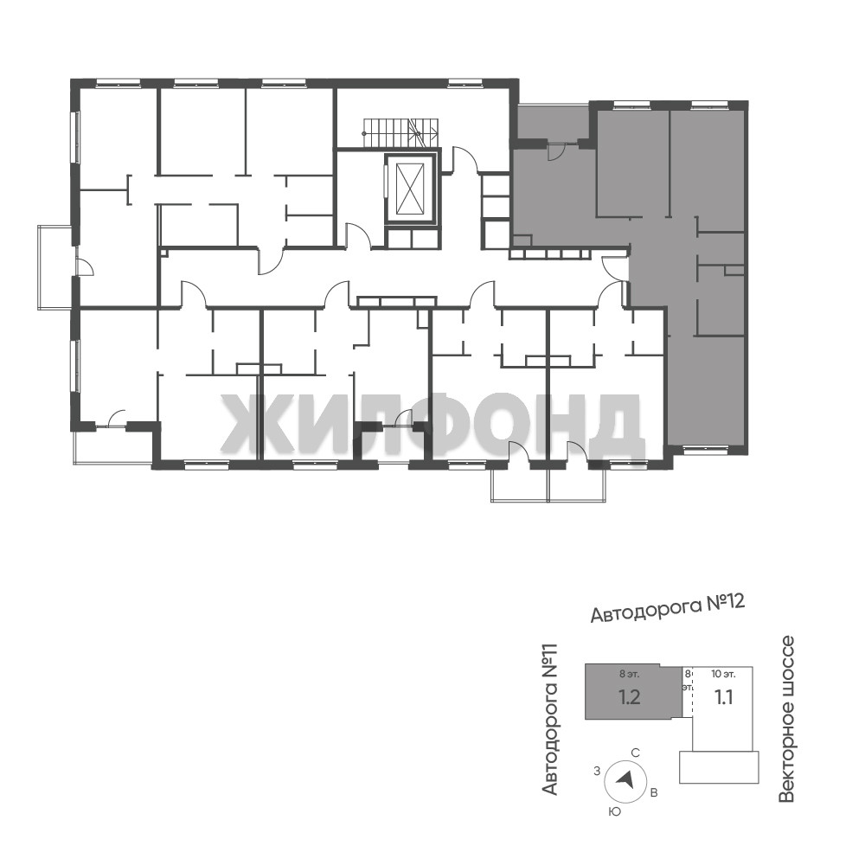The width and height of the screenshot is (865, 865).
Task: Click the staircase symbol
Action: [x=400, y=133]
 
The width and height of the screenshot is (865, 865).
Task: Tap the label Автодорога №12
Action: [x=668, y=607]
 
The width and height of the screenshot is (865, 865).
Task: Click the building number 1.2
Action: [x=630, y=697]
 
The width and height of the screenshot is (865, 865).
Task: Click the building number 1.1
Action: [x=724, y=698]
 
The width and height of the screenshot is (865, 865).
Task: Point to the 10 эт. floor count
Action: [x=722, y=674]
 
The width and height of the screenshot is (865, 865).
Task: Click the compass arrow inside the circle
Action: [x=625, y=778]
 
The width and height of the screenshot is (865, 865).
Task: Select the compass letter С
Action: [x=635, y=753]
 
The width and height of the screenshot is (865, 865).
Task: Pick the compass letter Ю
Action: [x=614, y=811]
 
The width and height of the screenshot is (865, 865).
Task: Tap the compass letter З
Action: [x=596, y=772]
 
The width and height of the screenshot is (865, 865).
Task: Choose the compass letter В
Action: [x=654, y=793]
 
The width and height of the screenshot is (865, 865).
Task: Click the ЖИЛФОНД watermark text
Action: [x=432, y=422]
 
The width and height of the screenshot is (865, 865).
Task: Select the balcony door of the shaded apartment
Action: [x=554, y=151]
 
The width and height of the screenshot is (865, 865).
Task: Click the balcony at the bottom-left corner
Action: [x=112, y=445]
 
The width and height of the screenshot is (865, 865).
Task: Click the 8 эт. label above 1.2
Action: [x=629, y=674]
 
